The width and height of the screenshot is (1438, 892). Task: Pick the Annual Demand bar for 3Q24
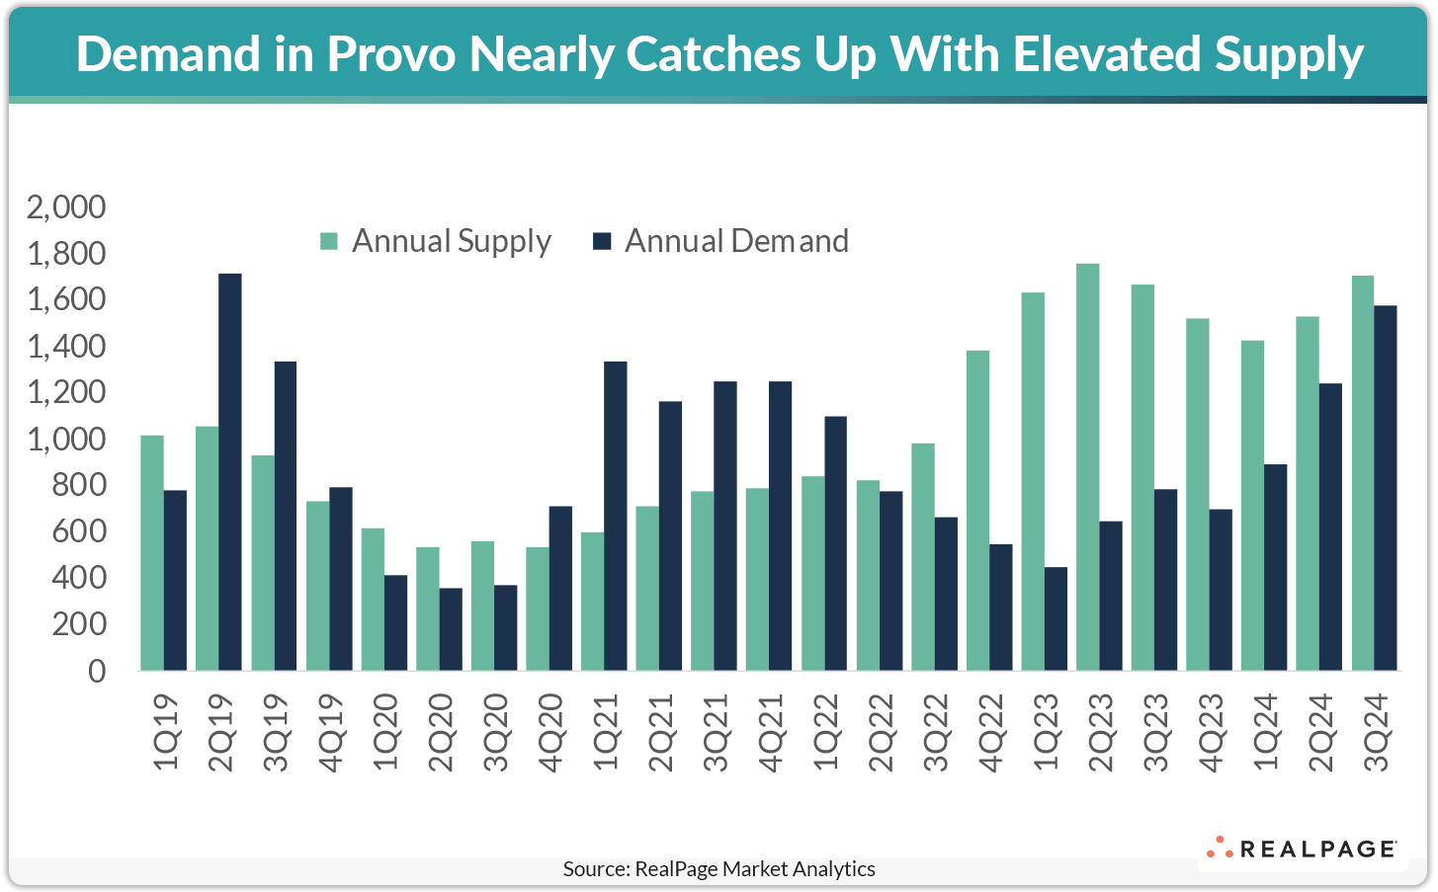click(x=1386, y=488)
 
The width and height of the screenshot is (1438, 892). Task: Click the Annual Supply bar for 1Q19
click(x=152, y=553)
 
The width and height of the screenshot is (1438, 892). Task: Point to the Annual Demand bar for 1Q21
click(x=615, y=516)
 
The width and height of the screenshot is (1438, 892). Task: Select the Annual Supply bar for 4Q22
click(x=977, y=511)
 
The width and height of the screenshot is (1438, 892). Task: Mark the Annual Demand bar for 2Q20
click(x=450, y=629)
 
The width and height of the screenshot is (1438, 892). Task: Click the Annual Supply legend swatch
click(x=329, y=241)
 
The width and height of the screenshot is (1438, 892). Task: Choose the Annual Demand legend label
click(x=736, y=241)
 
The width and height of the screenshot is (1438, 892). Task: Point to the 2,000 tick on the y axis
click(x=66, y=207)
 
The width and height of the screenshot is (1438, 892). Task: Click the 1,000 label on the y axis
click(x=66, y=440)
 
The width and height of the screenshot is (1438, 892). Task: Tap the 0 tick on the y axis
click(x=96, y=671)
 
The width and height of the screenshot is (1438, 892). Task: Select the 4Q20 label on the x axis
click(x=550, y=732)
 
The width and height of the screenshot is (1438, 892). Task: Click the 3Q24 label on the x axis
click(x=1376, y=732)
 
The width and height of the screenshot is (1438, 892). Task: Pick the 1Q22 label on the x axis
click(x=825, y=732)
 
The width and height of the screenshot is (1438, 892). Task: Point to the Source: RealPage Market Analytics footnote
click(x=719, y=869)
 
